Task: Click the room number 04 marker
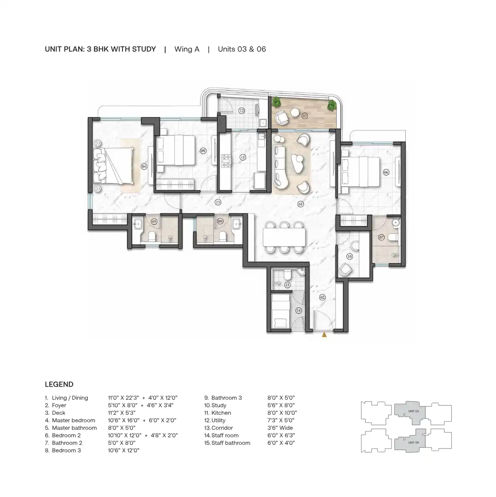pos(144,166)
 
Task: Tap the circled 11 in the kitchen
pos(243,157)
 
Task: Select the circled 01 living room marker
pos(300,204)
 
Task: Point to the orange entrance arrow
pos(324,335)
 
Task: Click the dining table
pos(284,237)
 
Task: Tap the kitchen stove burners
pos(226,161)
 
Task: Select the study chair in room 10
pos(345,269)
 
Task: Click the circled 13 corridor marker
pos(218,202)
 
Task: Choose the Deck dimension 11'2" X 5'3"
pos(122,413)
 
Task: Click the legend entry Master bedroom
pos(74,420)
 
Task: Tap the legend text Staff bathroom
pos(231,443)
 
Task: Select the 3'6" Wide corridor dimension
pos(280,428)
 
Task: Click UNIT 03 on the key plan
pos(413,411)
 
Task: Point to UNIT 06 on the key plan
pos(413,442)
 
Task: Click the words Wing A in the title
pos(187,49)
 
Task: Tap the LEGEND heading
pos(59,385)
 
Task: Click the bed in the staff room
pos(281,311)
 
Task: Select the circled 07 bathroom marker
pos(381,237)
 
